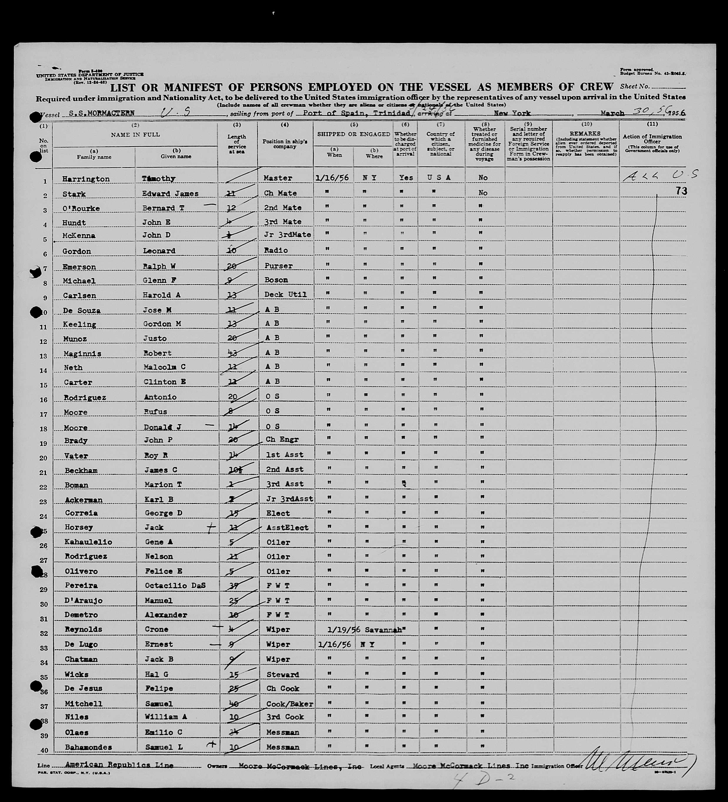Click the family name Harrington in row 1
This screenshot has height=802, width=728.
coord(86,179)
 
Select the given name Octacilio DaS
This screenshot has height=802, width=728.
coord(174,586)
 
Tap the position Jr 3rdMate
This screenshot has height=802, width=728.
coord(287,235)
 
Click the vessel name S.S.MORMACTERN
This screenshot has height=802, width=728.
coord(101,113)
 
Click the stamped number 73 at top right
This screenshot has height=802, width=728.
coord(681,191)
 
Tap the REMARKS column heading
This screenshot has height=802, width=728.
coord(585,134)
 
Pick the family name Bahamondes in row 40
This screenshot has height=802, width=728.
coord(94,747)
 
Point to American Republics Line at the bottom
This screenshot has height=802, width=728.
coord(119,765)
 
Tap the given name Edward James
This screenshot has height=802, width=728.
coord(170,194)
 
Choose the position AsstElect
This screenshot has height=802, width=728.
coord(287,527)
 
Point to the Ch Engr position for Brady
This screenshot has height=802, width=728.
coord(282,440)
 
